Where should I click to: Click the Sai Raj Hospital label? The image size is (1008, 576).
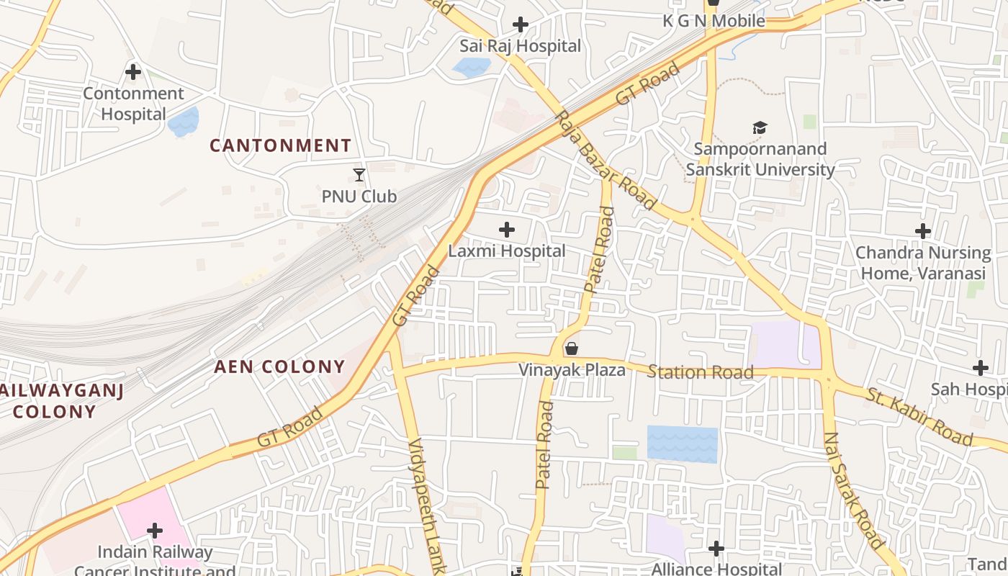point(520,46)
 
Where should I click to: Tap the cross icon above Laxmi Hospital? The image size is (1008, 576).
point(507,230)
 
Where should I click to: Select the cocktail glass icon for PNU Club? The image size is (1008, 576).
point(359,174)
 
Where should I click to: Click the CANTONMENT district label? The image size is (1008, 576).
point(280,145)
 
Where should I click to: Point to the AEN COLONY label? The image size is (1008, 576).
point(279,366)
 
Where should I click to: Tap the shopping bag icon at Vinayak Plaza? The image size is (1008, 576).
point(572,349)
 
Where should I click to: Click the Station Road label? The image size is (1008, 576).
point(700,372)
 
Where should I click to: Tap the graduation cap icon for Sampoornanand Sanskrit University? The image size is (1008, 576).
point(760,128)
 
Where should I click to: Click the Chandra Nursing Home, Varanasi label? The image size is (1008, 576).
point(923,264)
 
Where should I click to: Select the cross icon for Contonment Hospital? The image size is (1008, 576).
point(133,72)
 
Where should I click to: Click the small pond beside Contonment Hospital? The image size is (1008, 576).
point(184,122)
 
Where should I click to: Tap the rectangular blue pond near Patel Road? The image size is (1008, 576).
point(682,444)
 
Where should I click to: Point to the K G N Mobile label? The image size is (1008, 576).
point(714,21)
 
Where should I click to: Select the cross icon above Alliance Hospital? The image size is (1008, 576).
point(716,549)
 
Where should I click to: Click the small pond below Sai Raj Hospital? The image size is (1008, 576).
point(471,68)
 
